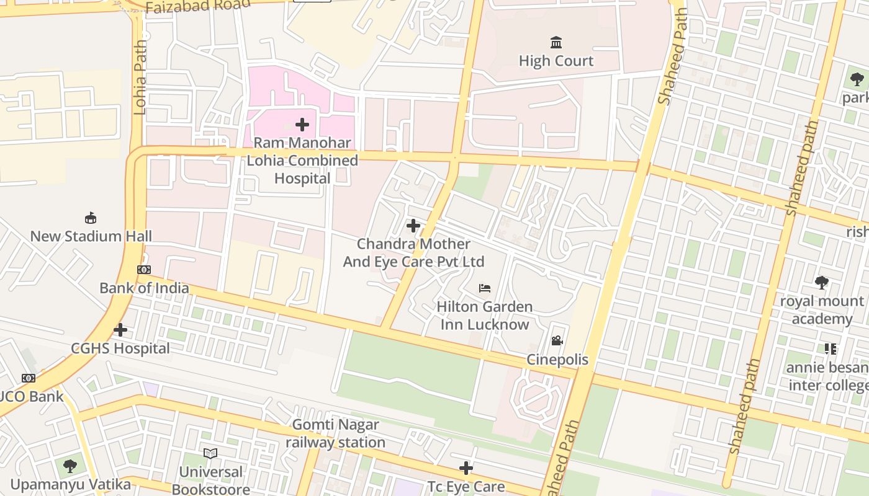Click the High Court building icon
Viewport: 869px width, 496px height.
tap(556, 43)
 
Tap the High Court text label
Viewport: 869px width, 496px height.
tap(556, 61)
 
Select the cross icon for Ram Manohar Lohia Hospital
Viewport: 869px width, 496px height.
tap(302, 125)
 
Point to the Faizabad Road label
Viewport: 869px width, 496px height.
tap(198, 6)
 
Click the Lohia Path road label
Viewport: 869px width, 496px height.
tap(140, 78)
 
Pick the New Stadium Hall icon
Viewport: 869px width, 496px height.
tap(91, 218)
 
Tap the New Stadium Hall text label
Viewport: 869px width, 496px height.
tap(91, 236)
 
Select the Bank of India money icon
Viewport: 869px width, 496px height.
tap(144, 270)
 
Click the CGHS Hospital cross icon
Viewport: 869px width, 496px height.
tap(120, 330)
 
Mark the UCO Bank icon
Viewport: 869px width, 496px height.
tap(29, 378)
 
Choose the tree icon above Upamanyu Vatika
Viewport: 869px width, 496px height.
tap(70, 466)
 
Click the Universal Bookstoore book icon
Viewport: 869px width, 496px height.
tap(210, 453)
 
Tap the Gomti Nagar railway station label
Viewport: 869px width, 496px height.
tap(335, 433)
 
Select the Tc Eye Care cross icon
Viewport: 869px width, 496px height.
tap(466, 468)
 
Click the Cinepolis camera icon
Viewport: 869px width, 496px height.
tap(557, 341)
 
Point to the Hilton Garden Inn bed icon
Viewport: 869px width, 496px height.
tap(485, 288)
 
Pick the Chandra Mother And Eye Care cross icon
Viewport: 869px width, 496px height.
tap(413, 226)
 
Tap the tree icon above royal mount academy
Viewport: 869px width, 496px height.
tap(822, 283)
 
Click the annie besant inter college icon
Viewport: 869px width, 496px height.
tap(830, 349)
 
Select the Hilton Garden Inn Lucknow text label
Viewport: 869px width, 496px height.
tap(485, 316)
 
